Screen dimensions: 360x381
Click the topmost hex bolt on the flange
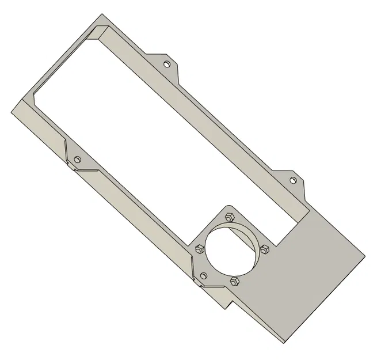click(x=228, y=217)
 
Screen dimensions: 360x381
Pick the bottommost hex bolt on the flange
click(x=234, y=281)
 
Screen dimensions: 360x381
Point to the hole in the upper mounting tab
click(x=167, y=64)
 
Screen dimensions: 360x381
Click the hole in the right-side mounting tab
click(x=292, y=180)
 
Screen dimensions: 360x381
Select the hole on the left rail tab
click(x=78, y=158)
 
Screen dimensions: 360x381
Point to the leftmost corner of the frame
click(x=12, y=109)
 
